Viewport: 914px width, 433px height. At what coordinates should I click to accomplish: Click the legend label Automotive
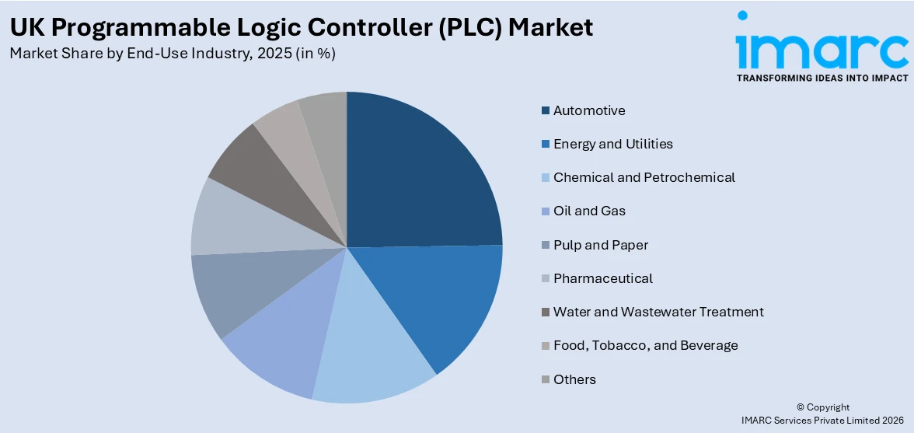[589, 110]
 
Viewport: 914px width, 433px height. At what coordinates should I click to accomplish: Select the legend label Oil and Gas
[589, 211]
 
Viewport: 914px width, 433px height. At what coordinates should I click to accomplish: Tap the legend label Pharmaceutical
[602, 278]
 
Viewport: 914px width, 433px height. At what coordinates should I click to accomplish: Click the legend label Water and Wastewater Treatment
[658, 312]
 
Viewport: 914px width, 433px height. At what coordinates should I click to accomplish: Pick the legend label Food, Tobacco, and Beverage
[645, 345]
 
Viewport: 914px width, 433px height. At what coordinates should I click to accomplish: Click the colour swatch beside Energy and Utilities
[546, 144]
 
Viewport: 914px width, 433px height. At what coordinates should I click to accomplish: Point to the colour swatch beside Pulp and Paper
[546, 245]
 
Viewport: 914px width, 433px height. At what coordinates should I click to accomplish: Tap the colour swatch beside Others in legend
[546, 379]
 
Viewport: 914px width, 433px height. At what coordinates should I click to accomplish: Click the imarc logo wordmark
[822, 48]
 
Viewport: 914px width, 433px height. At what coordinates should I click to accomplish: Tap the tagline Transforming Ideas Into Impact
[822, 78]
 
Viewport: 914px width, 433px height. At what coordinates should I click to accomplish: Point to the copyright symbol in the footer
[801, 407]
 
